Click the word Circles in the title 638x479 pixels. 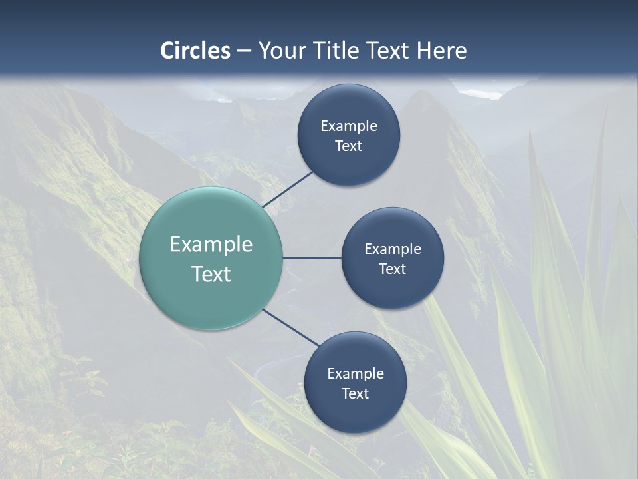coord(195,51)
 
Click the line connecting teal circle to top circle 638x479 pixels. coord(288,188)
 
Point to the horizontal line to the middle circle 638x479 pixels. coord(312,258)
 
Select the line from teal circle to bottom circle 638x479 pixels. coord(291,327)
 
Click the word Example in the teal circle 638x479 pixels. coord(211,245)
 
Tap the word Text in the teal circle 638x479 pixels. coord(211,274)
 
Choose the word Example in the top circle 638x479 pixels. coord(349,126)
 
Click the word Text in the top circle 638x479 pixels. coord(349,146)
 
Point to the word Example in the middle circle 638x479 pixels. coord(393,249)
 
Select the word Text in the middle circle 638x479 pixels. coord(393,269)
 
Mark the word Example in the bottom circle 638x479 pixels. coord(356,374)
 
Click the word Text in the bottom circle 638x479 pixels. coord(356,394)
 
